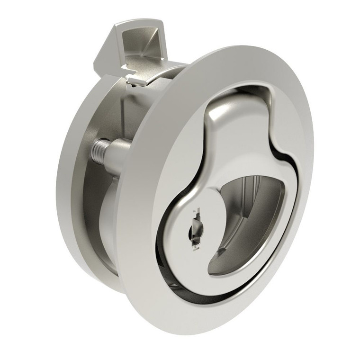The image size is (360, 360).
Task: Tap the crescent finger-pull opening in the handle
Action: pyautogui.click(x=246, y=213)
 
